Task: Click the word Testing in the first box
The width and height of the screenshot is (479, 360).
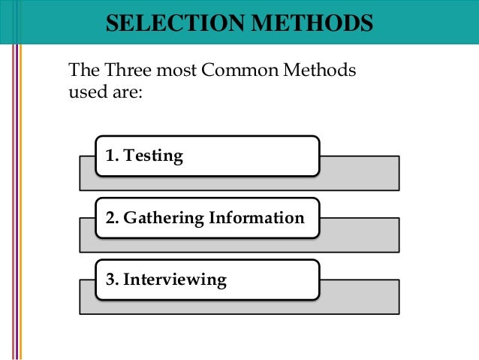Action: point(154,156)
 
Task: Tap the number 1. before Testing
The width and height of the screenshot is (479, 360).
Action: point(113,156)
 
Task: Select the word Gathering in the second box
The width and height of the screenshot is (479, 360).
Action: point(161,218)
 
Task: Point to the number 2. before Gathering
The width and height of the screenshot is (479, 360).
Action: point(113,218)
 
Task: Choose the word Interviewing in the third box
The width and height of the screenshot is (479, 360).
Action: point(175,280)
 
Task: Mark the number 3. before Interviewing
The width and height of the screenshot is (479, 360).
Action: point(113,280)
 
